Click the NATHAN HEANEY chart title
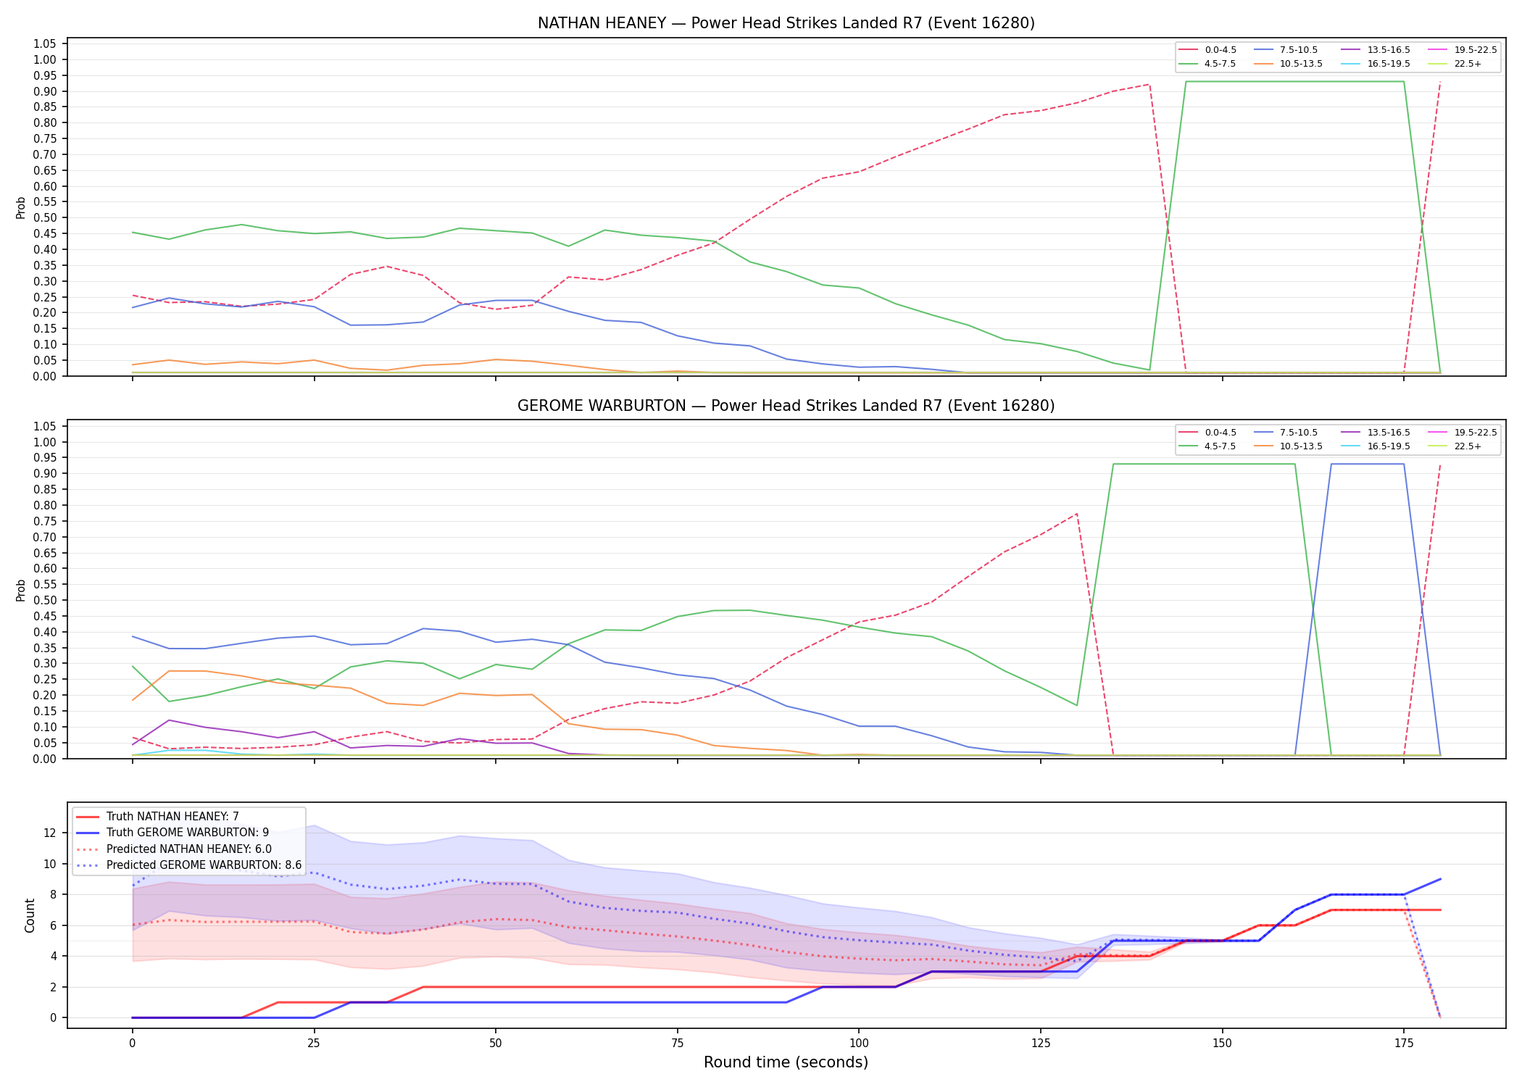pyautogui.click(x=786, y=23)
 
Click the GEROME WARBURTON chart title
pyautogui.click(x=786, y=406)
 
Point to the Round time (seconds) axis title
pyautogui.click(x=786, y=1062)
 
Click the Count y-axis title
pyautogui.click(x=30, y=915)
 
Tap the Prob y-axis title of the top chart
pyautogui.click(x=21, y=207)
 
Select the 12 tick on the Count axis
pyautogui.click(x=50, y=833)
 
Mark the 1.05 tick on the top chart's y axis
pyautogui.click(x=45, y=44)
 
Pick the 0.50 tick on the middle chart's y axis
pyautogui.click(x=45, y=600)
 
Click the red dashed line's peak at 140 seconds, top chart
pyautogui.click(x=1149, y=85)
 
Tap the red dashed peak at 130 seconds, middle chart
pyautogui.click(x=1077, y=514)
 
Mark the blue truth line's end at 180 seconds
pyautogui.click(x=1440, y=879)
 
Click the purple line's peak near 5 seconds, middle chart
pyautogui.click(x=169, y=720)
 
